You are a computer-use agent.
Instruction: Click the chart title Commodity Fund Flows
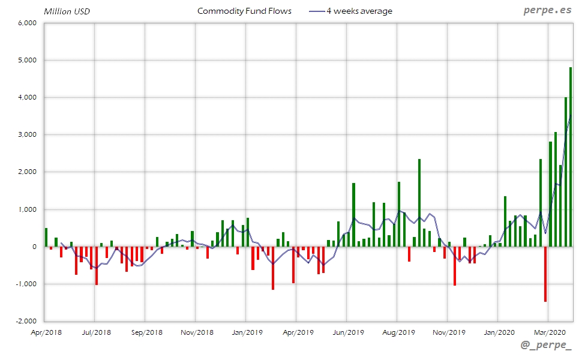pyautogui.click(x=244, y=11)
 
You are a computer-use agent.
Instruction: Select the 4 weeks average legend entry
pyautogui.click(x=359, y=11)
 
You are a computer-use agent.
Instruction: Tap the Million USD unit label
pyautogui.click(x=67, y=11)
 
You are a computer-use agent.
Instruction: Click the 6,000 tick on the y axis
pyautogui.click(x=28, y=23)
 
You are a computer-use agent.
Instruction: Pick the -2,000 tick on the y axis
pyautogui.click(x=27, y=321)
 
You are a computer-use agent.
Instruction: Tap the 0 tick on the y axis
pyautogui.click(x=35, y=247)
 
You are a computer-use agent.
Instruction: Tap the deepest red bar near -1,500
pyautogui.click(x=545, y=274)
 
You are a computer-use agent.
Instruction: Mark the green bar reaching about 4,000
pyautogui.click(x=566, y=172)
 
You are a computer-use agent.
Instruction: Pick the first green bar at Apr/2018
pyautogui.click(x=46, y=237)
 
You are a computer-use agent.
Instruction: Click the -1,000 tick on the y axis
pyautogui.click(x=27, y=284)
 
